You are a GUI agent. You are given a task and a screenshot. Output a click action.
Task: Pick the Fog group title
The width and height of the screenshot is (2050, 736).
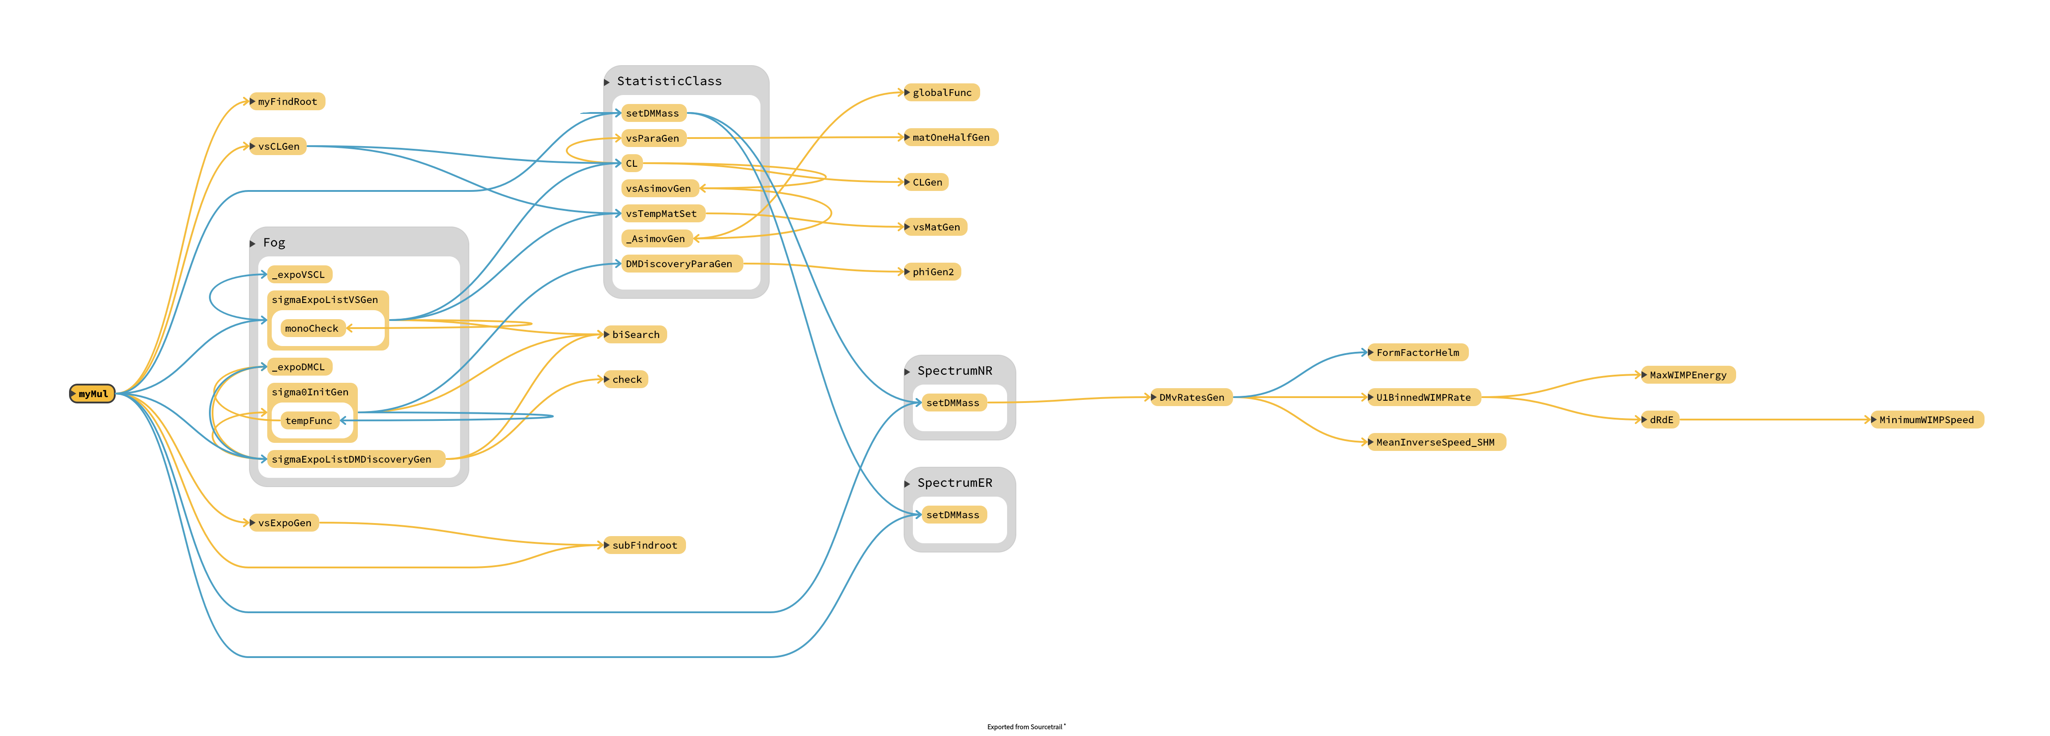click(274, 242)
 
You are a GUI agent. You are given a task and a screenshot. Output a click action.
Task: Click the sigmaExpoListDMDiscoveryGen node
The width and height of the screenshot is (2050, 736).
click(351, 459)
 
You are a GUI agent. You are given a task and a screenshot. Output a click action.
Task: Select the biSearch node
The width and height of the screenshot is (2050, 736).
click(636, 335)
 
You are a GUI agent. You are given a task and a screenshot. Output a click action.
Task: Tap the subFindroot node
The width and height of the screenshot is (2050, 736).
click(645, 545)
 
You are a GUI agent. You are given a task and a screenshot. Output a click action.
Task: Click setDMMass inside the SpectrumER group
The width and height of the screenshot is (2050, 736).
click(952, 515)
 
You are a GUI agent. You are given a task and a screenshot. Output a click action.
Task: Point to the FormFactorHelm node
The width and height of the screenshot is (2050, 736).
click(1417, 352)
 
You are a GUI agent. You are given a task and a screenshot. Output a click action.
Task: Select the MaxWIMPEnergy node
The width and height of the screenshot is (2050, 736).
click(1688, 375)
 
